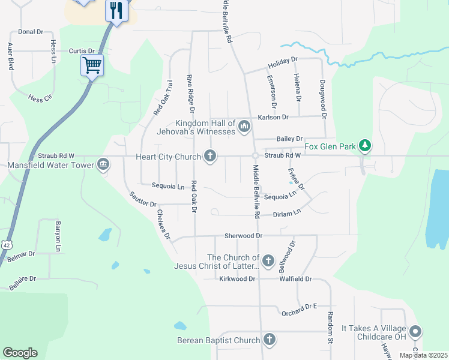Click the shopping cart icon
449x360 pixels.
[92, 64]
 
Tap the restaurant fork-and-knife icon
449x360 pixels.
[116, 10]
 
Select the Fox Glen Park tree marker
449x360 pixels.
[364, 145]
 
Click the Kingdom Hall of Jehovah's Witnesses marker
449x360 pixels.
[244, 127]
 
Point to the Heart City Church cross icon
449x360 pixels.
[209, 156]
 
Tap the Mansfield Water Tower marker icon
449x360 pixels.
[103, 164]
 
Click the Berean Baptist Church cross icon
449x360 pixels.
[269, 340]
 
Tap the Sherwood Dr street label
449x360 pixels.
[244, 236]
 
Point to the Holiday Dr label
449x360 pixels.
[283, 60]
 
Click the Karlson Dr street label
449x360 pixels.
[273, 118]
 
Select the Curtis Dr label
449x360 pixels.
[82, 52]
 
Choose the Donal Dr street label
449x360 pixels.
[31, 31]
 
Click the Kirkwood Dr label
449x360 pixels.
[237, 279]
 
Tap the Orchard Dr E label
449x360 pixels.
[298, 307]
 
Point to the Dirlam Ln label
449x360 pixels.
[286, 214]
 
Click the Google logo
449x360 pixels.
[19, 353]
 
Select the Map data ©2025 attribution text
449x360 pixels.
[423, 355]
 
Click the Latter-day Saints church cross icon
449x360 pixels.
[268, 260]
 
